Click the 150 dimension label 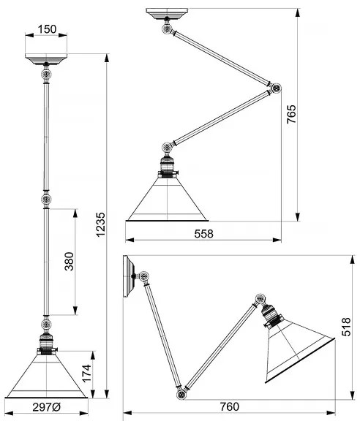coord(47,29)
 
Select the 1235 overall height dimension coord(101,224)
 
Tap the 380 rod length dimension coord(69,261)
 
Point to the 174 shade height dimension coord(86,373)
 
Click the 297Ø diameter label coord(47,407)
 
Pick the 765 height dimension coord(291,114)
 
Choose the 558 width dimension coord(204,234)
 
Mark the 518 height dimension coord(346,327)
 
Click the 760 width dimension coord(229,407)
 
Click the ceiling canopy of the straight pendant coord(46,58)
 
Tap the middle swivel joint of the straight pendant coord(46,200)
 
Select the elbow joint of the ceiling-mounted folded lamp coord(276,88)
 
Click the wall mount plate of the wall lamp coord(129,276)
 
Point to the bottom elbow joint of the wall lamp coord(181,395)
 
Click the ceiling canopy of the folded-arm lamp coord(167,13)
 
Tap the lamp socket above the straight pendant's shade coord(46,343)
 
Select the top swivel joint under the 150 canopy coord(46,74)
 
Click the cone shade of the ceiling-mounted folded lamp coord(167,199)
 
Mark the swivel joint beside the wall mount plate coord(144,276)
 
